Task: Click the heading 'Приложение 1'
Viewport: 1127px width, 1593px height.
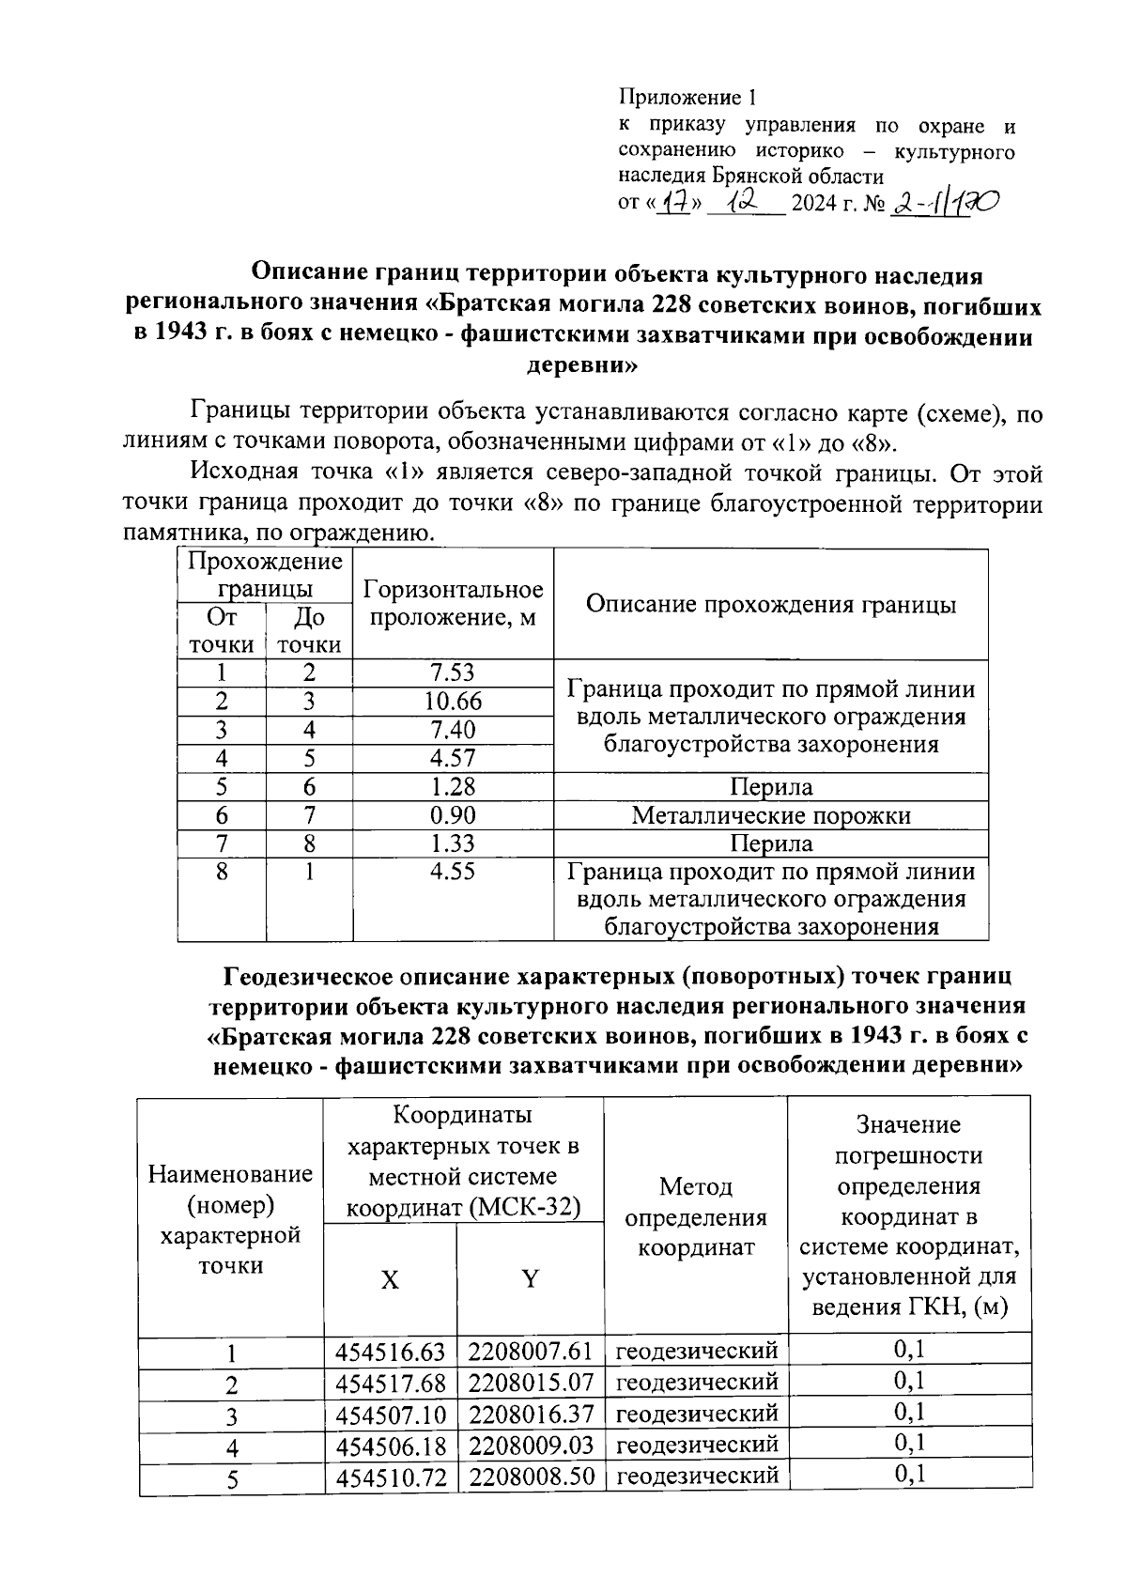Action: coord(687,98)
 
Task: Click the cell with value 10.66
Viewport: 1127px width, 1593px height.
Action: coord(453,702)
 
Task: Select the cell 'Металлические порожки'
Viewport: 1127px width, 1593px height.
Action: coord(771,815)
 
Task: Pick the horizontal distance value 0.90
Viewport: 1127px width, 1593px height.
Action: coord(453,815)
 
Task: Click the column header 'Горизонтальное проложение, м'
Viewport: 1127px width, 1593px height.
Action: coord(453,604)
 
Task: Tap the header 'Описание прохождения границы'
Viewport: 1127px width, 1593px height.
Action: coord(771,604)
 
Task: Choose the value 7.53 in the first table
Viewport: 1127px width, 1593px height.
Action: coord(453,673)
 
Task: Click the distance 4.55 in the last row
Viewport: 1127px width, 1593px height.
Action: coord(453,872)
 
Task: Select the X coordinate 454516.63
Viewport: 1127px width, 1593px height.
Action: coord(390,1352)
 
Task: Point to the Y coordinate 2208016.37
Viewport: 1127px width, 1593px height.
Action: coord(531,1414)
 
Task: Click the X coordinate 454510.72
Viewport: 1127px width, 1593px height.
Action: coord(390,1477)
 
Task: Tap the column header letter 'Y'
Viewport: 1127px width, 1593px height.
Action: coord(531,1278)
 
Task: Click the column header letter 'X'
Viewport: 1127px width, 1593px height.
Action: coord(390,1279)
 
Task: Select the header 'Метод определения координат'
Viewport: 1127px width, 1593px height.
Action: coord(696,1217)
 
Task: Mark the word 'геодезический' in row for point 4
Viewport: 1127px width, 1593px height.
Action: coord(697,1445)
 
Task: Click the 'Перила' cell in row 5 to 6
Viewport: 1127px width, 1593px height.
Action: coord(771,787)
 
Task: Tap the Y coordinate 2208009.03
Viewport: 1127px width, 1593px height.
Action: coord(531,1446)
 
